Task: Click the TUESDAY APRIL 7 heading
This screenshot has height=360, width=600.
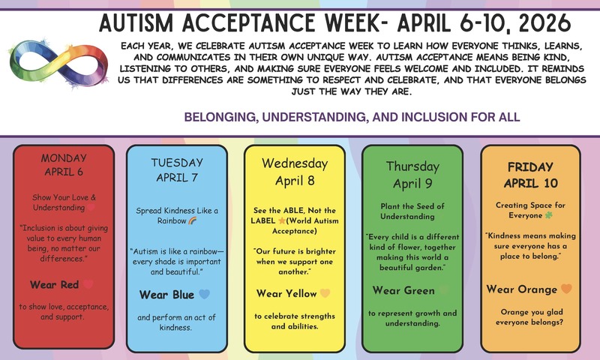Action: tap(177, 169)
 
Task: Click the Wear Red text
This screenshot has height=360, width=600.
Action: tap(55, 284)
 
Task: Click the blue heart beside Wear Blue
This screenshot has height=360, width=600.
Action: tap(205, 295)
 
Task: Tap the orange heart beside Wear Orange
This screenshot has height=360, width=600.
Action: tap(567, 289)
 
